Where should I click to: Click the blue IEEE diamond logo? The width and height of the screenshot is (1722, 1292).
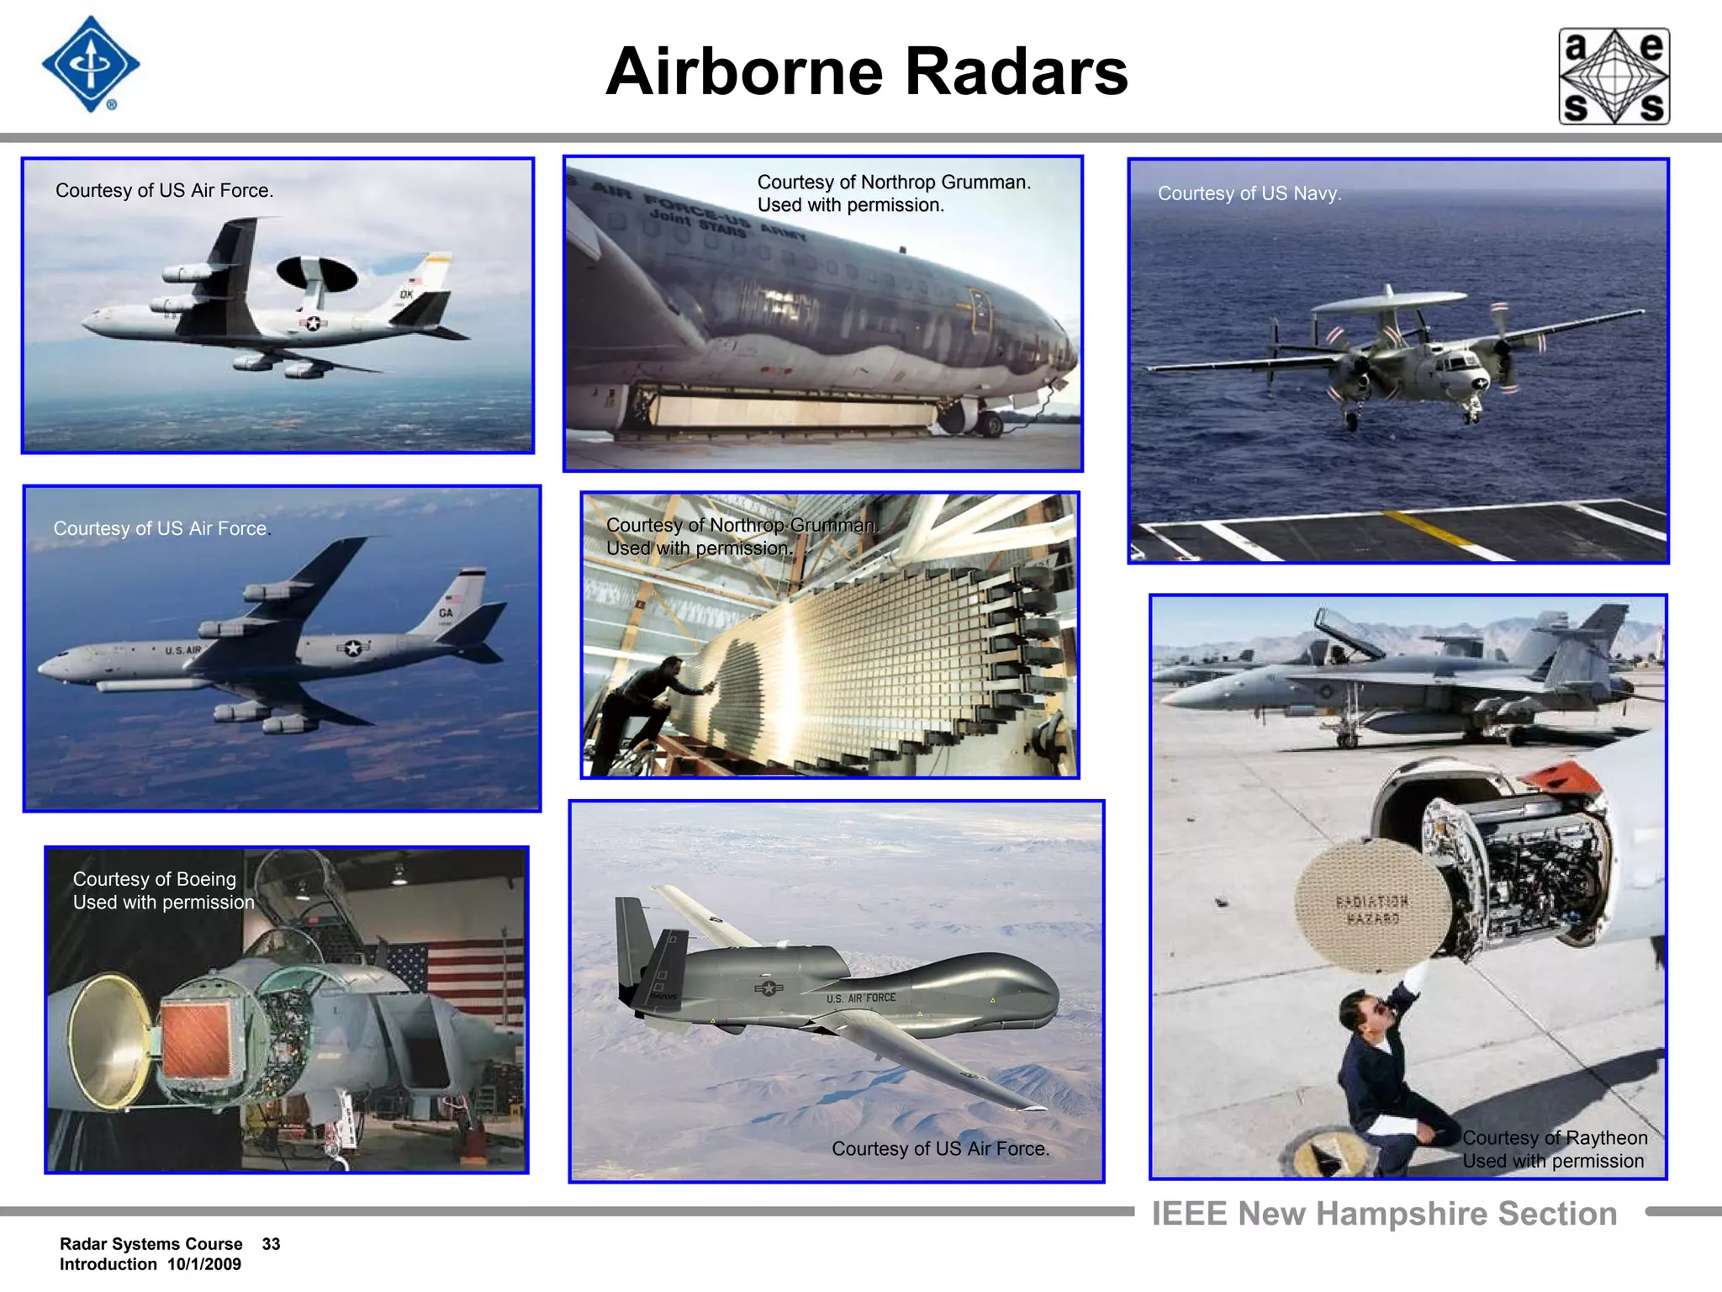point(91,65)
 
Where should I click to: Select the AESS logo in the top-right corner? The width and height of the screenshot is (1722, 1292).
point(1614,77)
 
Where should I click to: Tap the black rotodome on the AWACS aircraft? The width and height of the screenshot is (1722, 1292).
point(317,273)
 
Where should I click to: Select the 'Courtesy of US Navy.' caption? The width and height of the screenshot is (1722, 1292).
point(1249,193)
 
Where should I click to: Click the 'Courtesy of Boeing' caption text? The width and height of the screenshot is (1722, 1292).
point(154,879)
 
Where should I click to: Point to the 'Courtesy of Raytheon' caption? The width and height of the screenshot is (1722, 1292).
point(1554,1138)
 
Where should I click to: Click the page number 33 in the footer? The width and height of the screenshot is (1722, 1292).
point(271,1244)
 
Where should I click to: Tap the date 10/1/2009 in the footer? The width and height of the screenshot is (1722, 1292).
point(203,1264)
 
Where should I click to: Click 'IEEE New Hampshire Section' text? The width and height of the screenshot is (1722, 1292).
point(1384,1214)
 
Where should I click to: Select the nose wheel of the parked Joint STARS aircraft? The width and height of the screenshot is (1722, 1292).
point(990,423)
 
